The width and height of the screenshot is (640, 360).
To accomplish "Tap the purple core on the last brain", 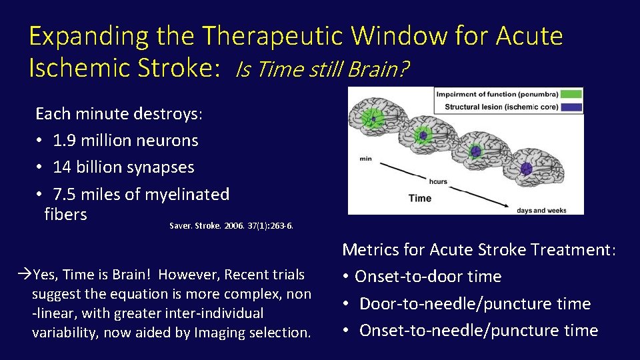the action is [x=526, y=167].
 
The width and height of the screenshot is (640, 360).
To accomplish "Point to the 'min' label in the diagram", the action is [x=365, y=159].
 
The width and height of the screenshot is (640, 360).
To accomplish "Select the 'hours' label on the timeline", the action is [x=438, y=181].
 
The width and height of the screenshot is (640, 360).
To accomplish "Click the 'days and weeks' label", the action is [x=541, y=211].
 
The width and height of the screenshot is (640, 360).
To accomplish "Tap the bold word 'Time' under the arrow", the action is [x=420, y=198].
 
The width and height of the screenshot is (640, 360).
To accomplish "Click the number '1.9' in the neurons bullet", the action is [x=65, y=141].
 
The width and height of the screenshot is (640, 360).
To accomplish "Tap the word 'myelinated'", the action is [x=187, y=194].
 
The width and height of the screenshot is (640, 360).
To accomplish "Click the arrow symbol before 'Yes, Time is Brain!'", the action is [x=25, y=275].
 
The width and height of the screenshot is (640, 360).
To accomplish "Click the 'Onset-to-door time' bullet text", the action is [x=428, y=277].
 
